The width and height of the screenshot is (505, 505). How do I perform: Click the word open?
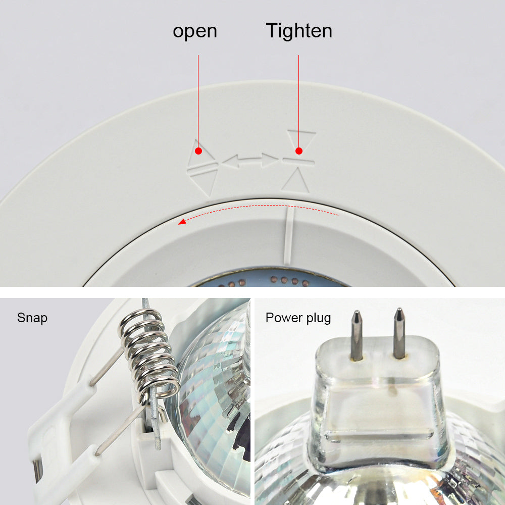[x=195, y=31]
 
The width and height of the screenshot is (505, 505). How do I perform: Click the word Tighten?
[x=299, y=31]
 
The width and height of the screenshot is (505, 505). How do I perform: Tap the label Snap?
[x=32, y=318]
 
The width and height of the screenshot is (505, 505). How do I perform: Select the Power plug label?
[x=298, y=318]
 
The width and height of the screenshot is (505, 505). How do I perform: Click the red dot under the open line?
[x=198, y=150]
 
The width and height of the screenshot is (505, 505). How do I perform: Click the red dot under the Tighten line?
[x=298, y=150]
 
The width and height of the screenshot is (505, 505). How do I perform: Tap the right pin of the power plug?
[x=399, y=332]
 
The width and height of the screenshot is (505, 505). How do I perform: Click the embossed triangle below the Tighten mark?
[x=296, y=180]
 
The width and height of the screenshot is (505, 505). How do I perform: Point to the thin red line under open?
[x=198, y=101]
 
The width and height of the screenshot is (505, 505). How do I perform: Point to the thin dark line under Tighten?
[x=298, y=101]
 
